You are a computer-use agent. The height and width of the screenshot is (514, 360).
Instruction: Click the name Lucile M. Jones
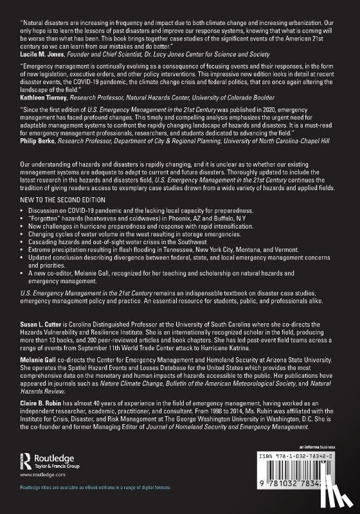39,57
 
